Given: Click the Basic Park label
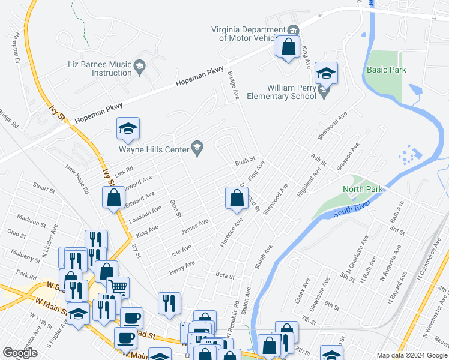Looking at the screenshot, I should tap(387, 70).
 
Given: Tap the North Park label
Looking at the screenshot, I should tap(363, 189).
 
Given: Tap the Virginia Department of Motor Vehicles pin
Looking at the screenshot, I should tap(292, 31).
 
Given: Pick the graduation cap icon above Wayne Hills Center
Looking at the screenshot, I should tap(128, 128).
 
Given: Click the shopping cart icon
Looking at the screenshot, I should tap(118, 287).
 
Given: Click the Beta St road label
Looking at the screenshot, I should tap(224, 275).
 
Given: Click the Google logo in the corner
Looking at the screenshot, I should tap(20, 353).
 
